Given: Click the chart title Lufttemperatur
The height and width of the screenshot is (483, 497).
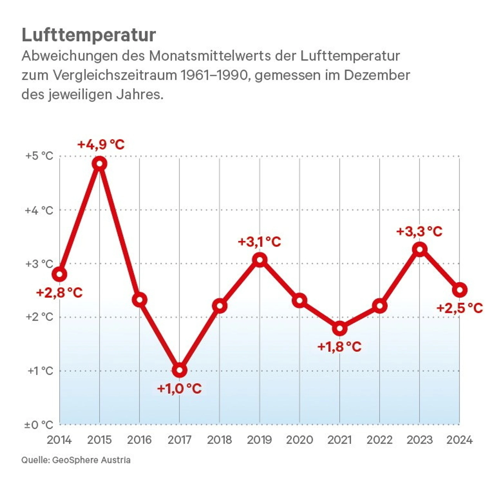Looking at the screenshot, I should [x=89, y=35].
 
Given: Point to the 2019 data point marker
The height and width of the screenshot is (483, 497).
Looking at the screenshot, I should [x=260, y=260].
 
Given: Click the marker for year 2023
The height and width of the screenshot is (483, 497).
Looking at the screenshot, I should [x=420, y=249].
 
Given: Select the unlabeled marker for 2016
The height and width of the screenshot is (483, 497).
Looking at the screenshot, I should [x=139, y=300].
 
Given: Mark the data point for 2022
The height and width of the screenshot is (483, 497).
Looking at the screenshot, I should [x=380, y=306].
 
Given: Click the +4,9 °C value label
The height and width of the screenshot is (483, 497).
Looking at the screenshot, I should [x=101, y=145].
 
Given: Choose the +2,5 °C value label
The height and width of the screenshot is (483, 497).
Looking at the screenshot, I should [x=460, y=308].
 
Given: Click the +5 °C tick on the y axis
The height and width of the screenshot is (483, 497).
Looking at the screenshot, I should [x=39, y=156].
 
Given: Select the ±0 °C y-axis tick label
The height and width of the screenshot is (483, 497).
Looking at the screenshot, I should [x=39, y=425].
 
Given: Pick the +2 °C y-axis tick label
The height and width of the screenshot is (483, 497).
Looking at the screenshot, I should [x=39, y=317].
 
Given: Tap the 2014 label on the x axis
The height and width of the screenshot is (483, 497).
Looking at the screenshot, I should [x=59, y=440].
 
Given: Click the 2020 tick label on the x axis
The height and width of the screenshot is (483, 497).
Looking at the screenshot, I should [x=300, y=440].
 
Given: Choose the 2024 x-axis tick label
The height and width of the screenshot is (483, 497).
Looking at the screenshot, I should [x=460, y=440].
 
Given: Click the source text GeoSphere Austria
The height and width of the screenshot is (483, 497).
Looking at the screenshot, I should [x=91, y=460].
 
